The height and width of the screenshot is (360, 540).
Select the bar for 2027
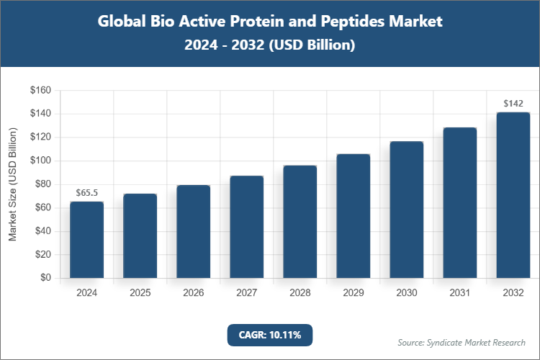[x=247, y=227]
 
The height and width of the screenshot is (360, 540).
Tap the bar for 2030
[x=407, y=210]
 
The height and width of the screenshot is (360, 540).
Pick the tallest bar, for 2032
[x=513, y=195]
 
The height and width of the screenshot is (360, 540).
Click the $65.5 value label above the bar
[x=86, y=193]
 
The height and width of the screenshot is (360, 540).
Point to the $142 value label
[x=513, y=104]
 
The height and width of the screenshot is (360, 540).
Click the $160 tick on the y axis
[x=40, y=91]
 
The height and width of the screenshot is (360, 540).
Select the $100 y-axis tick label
[x=40, y=161]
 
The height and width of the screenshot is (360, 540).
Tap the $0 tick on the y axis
[x=45, y=278]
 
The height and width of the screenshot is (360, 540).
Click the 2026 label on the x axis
[x=193, y=293]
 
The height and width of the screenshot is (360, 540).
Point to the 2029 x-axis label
[x=354, y=293]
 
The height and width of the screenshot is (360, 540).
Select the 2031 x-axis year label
[x=460, y=293]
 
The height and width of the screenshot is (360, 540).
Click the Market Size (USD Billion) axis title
[x=12, y=184]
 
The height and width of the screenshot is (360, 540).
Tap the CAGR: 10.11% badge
[x=270, y=335]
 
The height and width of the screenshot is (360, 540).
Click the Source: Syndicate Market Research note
[x=462, y=342]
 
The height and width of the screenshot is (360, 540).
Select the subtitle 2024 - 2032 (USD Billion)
[x=270, y=45]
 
